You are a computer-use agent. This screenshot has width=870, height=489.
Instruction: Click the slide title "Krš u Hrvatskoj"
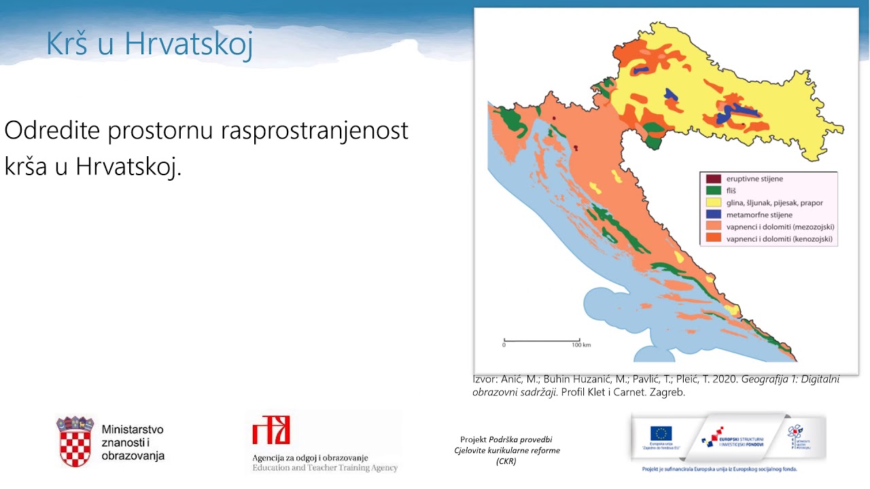point(150,44)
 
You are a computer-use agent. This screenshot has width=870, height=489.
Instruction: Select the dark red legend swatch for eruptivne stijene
point(713,179)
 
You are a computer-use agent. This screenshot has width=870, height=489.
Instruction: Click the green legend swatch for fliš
point(713,191)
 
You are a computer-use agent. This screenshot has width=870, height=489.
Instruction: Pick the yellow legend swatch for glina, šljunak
point(713,202)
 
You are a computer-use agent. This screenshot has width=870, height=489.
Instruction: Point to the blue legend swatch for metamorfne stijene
point(713,215)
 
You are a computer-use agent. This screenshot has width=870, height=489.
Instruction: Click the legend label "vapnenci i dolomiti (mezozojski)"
point(780,227)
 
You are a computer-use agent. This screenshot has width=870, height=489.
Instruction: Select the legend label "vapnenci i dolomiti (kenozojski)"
point(779,239)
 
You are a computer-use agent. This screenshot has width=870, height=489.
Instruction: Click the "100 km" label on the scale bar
point(581,345)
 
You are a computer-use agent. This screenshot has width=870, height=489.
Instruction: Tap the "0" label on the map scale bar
point(504,345)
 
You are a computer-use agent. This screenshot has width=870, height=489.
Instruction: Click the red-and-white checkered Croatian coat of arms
point(75,442)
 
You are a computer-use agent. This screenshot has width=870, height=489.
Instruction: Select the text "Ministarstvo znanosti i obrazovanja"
point(133,443)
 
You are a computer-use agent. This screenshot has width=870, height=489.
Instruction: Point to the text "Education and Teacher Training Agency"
point(325,468)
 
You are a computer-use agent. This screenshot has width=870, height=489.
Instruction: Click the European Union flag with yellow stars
point(661,433)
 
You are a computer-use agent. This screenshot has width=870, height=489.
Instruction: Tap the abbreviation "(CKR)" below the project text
point(506,462)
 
